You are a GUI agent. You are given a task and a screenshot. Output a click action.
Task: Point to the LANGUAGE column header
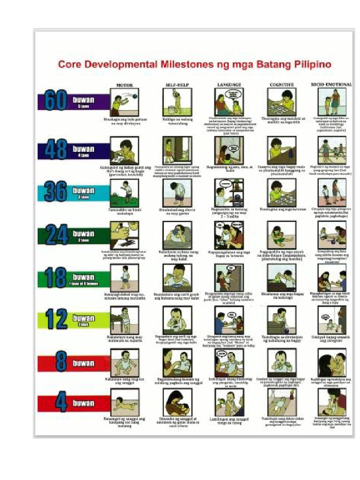[229, 85]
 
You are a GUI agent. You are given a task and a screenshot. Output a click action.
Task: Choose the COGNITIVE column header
[282, 85]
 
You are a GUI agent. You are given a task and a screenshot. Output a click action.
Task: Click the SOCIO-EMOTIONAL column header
[331, 84]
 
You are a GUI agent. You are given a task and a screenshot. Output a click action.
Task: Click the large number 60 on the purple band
[56, 101]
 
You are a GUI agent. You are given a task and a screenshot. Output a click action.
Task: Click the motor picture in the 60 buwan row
[124, 102]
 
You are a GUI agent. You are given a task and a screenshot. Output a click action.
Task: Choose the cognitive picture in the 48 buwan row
[282, 150]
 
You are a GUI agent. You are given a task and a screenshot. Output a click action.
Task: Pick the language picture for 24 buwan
[229, 235]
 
